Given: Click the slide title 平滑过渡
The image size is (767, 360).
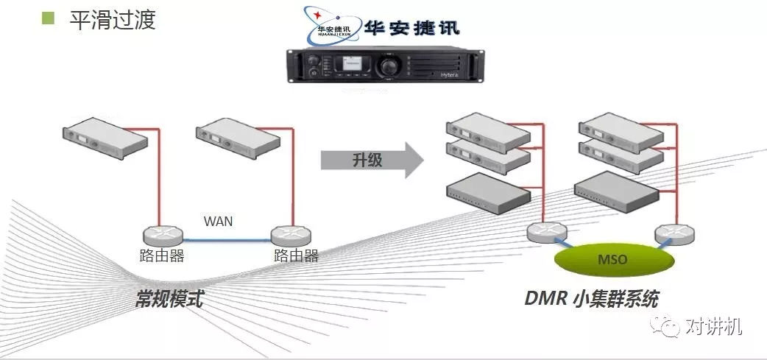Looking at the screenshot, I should click(x=113, y=19).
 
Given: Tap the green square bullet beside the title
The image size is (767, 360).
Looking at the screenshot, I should click(x=49, y=18).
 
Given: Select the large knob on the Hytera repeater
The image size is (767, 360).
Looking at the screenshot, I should click(x=386, y=66).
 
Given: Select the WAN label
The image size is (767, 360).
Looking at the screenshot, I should click(x=219, y=221).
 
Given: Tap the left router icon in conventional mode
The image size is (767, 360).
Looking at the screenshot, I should click(x=162, y=236).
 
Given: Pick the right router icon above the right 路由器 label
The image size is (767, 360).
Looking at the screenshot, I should click(x=291, y=236).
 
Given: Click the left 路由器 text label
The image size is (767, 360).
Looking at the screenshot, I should click(x=162, y=256).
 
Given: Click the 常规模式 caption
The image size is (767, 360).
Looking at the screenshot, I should click(x=169, y=299).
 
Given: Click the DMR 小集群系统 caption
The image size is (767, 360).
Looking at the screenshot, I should click(x=591, y=299).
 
